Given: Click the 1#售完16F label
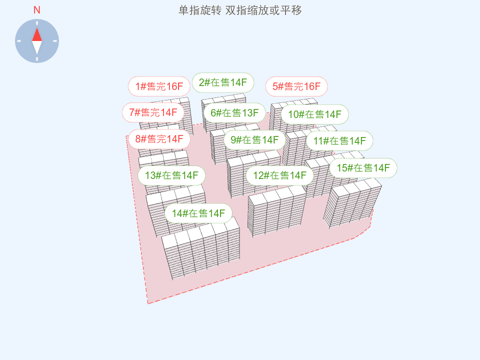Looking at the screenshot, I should tap(159, 86).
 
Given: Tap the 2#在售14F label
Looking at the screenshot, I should tap(223, 82).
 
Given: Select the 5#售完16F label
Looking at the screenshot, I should tap(296, 86).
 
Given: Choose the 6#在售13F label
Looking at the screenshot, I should tap(234, 112).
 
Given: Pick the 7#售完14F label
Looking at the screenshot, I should tap(153, 112).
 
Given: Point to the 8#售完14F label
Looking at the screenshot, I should tap(159, 139).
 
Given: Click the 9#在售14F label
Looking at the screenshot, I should tap(254, 139).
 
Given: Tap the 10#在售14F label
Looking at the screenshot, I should tap(314, 114).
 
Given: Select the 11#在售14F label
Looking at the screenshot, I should tap(339, 140).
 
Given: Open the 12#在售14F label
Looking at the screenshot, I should tap(279, 175).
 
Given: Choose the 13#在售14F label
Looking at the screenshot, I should tap(171, 175).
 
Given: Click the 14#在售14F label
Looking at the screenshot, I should tap(198, 213).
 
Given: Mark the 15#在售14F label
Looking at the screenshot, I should tap(363, 168).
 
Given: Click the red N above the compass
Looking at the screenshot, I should tap(37, 10).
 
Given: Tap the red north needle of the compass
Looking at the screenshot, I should tap(37, 34).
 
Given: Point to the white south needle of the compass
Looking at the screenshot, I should tap(37, 47).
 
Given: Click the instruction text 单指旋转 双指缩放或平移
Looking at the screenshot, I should tap(240, 10).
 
